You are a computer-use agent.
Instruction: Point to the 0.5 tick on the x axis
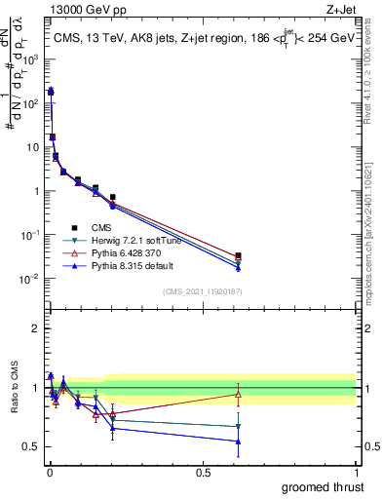[x=203, y=473]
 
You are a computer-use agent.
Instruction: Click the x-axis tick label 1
[x=356, y=473]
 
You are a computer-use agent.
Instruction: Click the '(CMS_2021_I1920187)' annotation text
[x=203, y=290]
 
